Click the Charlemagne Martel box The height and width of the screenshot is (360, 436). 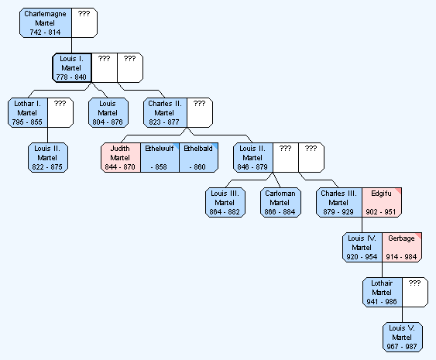pyautogui.click(x=46, y=22)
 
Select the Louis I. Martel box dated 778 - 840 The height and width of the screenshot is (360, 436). pyautogui.click(x=72, y=68)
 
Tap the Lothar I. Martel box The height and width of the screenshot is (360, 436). pyautogui.click(x=28, y=112)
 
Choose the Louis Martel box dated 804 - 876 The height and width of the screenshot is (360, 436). pyautogui.click(x=108, y=112)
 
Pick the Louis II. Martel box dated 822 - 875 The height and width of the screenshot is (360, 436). pyautogui.click(x=48, y=158)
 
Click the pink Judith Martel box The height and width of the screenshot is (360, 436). pyautogui.click(x=121, y=158)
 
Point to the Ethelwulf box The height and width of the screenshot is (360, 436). pyautogui.click(x=160, y=158)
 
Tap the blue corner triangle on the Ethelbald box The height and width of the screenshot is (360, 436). pyautogui.click(x=215, y=146)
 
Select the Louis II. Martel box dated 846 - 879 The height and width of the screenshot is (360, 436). pyautogui.click(x=253, y=158)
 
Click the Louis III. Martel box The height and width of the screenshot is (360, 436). pyautogui.click(x=225, y=202)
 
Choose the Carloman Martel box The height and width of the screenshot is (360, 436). pyautogui.click(x=280, y=202)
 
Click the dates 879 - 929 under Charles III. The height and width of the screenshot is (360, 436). pyautogui.click(x=338, y=212)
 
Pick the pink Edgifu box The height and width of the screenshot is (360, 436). pyautogui.click(x=382, y=202)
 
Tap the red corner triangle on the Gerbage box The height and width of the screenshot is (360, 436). pyautogui.click(x=418, y=235)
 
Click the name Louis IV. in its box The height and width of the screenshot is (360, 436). pyautogui.click(x=362, y=238)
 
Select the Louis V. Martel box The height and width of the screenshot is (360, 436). pyautogui.click(x=403, y=338)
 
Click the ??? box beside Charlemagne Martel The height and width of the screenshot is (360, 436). pyautogui.click(x=84, y=22)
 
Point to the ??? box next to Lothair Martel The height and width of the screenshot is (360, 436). pyautogui.click(x=415, y=292)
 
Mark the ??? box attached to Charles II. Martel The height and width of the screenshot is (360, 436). pyautogui.click(x=200, y=112)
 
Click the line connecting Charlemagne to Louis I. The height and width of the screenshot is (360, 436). pyautogui.click(x=72, y=46)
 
